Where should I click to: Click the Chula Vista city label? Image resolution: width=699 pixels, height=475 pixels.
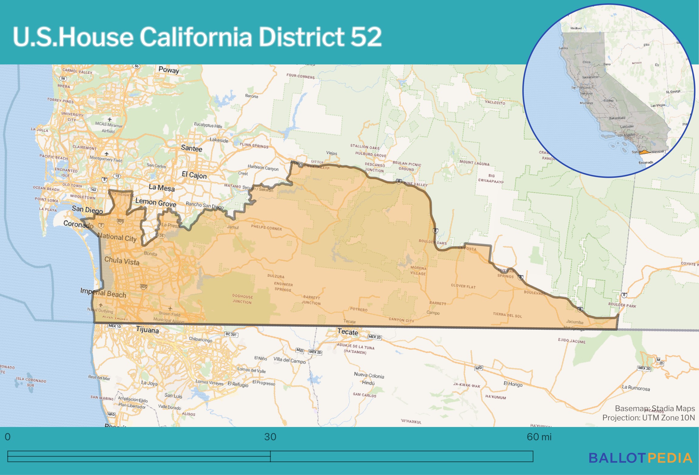click(x=122, y=261)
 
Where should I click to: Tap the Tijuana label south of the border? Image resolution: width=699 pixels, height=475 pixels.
click(x=147, y=330)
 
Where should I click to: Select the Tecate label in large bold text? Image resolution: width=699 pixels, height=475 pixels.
click(x=348, y=332)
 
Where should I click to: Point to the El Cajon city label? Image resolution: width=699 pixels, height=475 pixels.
click(x=194, y=175)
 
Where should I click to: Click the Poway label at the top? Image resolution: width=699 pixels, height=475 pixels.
click(x=169, y=70)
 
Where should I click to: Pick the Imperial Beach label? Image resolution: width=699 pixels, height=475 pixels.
click(x=103, y=293)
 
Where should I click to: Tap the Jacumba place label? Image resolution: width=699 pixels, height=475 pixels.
click(x=575, y=322)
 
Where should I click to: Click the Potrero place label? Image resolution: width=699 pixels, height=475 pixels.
click(x=359, y=309)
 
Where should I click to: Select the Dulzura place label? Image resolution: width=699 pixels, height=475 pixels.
click(x=276, y=276)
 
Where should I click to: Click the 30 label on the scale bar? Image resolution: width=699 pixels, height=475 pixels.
click(x=270, y=437)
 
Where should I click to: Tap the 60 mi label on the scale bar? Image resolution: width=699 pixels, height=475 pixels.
click(x=539, y=437)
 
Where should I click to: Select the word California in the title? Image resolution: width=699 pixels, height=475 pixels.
click(x=196, y=37)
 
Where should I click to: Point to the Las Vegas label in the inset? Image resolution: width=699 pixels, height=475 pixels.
click(x=658, y=105)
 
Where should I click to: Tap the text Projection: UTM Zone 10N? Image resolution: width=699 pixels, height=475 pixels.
click(x=648, y=418)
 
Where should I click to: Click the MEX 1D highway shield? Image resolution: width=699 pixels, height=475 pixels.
click(x=115, y=326)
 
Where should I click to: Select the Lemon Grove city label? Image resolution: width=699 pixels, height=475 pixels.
click(x=155, y=202)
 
